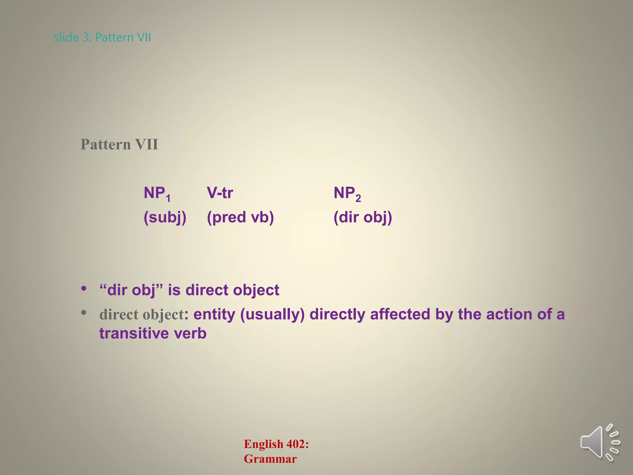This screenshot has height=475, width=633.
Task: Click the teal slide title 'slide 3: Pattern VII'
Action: point(102,37)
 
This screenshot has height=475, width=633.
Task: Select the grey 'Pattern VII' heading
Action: point(119,144)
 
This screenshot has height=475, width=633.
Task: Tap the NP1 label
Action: point(157,194)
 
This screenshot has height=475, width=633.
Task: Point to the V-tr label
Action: point(220,193)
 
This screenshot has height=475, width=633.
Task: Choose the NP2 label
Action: point(347,194)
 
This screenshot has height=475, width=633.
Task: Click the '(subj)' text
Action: point(165,217)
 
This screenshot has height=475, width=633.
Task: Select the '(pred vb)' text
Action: point(240,217)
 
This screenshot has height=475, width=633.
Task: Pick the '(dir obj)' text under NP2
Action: point(363,217)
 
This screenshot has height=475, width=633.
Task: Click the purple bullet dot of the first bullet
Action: point(84,289)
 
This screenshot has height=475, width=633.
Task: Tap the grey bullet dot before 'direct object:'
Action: point(84,313)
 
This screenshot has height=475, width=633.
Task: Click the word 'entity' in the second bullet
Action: point(214,315)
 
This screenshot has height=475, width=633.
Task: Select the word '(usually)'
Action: point(272,315)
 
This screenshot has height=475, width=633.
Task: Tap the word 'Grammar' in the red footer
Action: point(270,459)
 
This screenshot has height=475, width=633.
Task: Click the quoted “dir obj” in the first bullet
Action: point(131,290)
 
